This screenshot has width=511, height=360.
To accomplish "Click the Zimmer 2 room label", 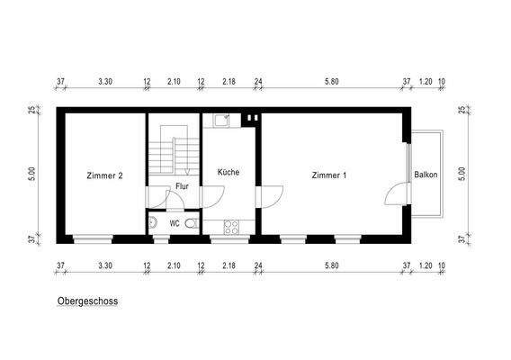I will pyautogui.click(x=104, y=175).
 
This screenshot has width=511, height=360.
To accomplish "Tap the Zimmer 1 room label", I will pyautogui.click(x=329, y=175).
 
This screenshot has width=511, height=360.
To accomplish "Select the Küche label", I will pyautogui.click(x=229, y=171).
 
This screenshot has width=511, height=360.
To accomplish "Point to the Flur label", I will pyautogui.click(x=182, y=186).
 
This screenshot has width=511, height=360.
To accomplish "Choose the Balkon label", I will pyautogui.click(x=426, y=175).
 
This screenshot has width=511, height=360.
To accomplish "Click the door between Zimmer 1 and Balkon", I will pyautogui.click(x=396, y=193).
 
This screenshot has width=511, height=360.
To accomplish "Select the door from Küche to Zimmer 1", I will pyautogui.click(x=267, y=196).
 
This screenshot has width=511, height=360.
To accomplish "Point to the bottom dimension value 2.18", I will pyautogui.click(x=229, y=266).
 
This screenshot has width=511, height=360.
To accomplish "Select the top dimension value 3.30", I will pyautogui.click(x=104, y=82).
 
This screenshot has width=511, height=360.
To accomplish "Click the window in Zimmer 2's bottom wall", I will pyautogui.click(x=93, y=239).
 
